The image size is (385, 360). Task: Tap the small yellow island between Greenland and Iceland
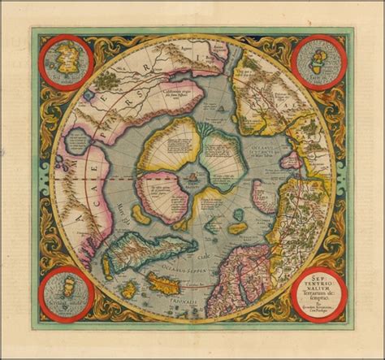point(128,288)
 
